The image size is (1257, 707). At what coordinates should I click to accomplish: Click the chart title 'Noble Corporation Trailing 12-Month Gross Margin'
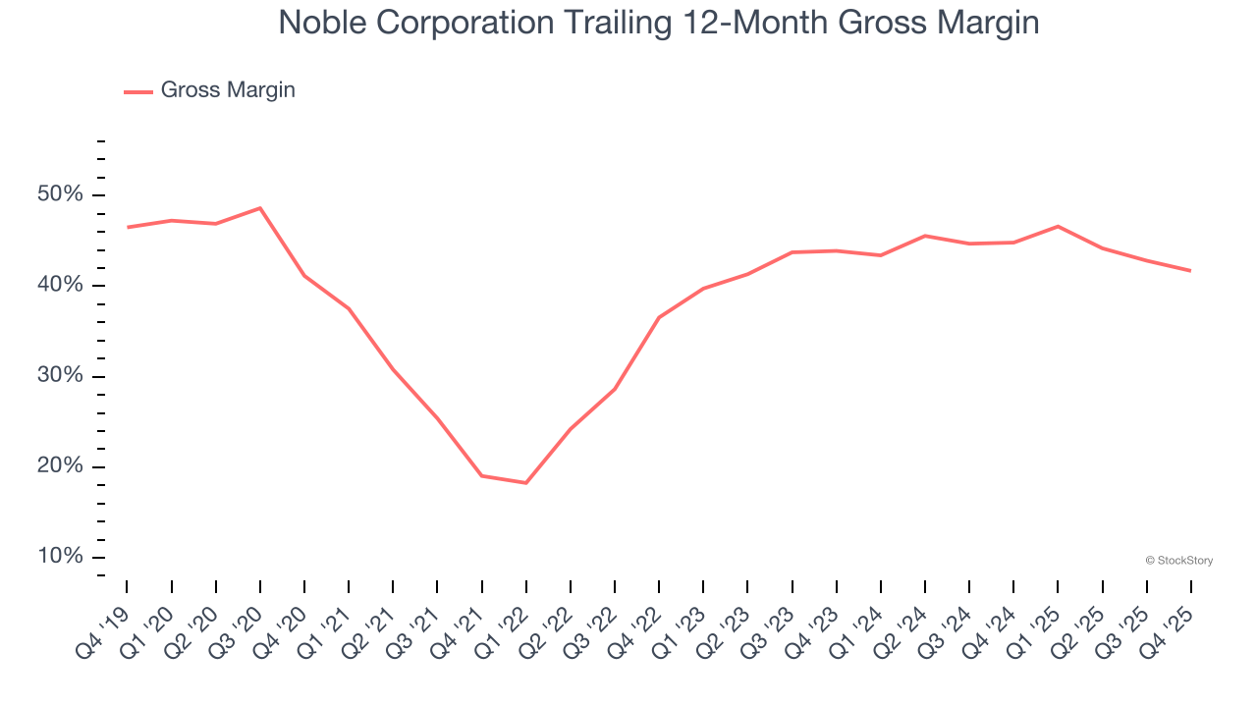pyautogui.click(x=658, y=22)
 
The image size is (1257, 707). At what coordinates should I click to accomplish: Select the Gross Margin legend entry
pyautogui.click(x=209, y=90)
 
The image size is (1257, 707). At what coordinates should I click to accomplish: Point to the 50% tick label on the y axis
pyautogui.click(x=60, y=194)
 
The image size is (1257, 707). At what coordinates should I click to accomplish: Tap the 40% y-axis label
pyautogui.click(x=60, y=286)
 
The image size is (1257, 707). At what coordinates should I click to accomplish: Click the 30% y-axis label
pyautogui.click(x=60, y=376)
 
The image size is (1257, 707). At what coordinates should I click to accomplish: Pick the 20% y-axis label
pyautogui.click(x=60, y=466)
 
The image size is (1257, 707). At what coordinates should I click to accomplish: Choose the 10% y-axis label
pyautogui.click(x=60, y=557)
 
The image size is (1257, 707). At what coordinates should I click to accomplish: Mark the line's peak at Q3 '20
pyautogui.click(x=260, y=208)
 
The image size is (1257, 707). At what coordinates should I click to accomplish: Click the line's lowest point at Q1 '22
pyautogui.click(x=526, y=483)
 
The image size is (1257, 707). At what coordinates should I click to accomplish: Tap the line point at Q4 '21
pyautogui.click(x=482, y=476)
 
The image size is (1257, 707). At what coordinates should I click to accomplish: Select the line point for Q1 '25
pyautogui.click(x=1058, y=227)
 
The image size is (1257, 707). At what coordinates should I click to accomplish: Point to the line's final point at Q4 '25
pyautogui.click(x=1191, y=271)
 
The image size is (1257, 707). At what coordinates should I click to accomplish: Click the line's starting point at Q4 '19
pyautogui.click(x=128, y=228)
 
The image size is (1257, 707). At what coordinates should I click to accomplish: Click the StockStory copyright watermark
pyautogui.click(x=1178, y=561)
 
